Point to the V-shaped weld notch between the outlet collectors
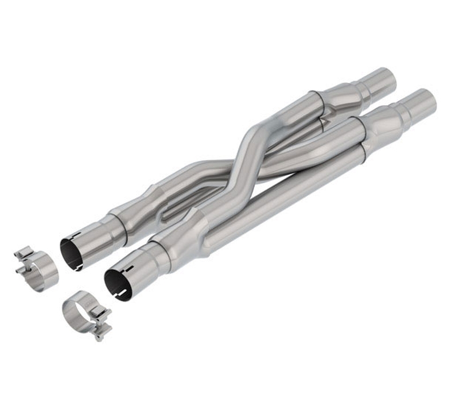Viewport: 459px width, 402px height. click(x=325, y=121)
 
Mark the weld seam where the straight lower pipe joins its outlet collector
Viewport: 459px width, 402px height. click(x=363, y=150)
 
